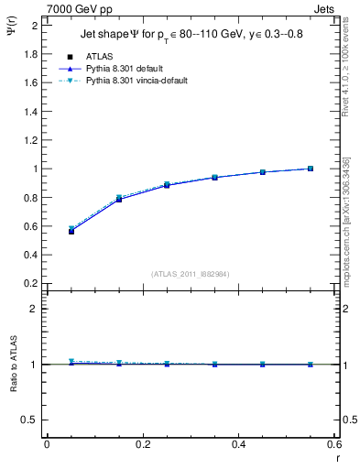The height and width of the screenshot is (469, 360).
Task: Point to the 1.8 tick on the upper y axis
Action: [x=32, y=53]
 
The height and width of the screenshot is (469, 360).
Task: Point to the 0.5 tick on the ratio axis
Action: [x=32, y=420]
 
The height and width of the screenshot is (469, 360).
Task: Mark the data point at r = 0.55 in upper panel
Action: [x=311, y=169]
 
